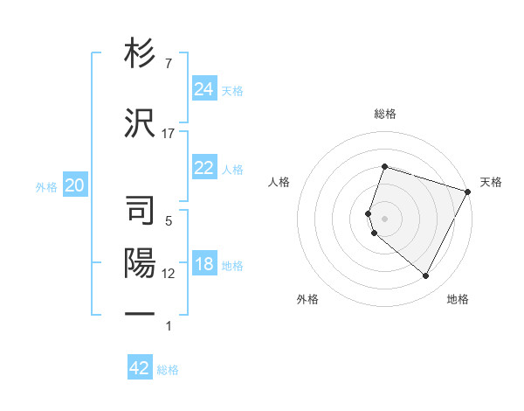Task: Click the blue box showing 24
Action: [x=204, y=89]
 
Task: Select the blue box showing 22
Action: [x=204, y=168]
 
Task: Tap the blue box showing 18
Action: [x=204, y=265]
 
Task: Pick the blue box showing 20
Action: [x=75, y=185]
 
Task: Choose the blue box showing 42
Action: [x=140, y=368]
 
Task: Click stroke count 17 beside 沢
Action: [x=169, y=134]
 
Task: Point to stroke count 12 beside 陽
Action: [x=169, y=274]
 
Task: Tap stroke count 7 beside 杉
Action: [x=169, y=64]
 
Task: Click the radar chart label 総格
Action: [x=385, y=114]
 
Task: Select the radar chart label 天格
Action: [x=491, y=182]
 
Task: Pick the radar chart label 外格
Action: [x=307, y=300]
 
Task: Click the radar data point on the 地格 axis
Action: [x=425, y=276]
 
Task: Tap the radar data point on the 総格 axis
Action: [x=384, y=166]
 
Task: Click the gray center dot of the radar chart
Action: [x=384, y=218]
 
